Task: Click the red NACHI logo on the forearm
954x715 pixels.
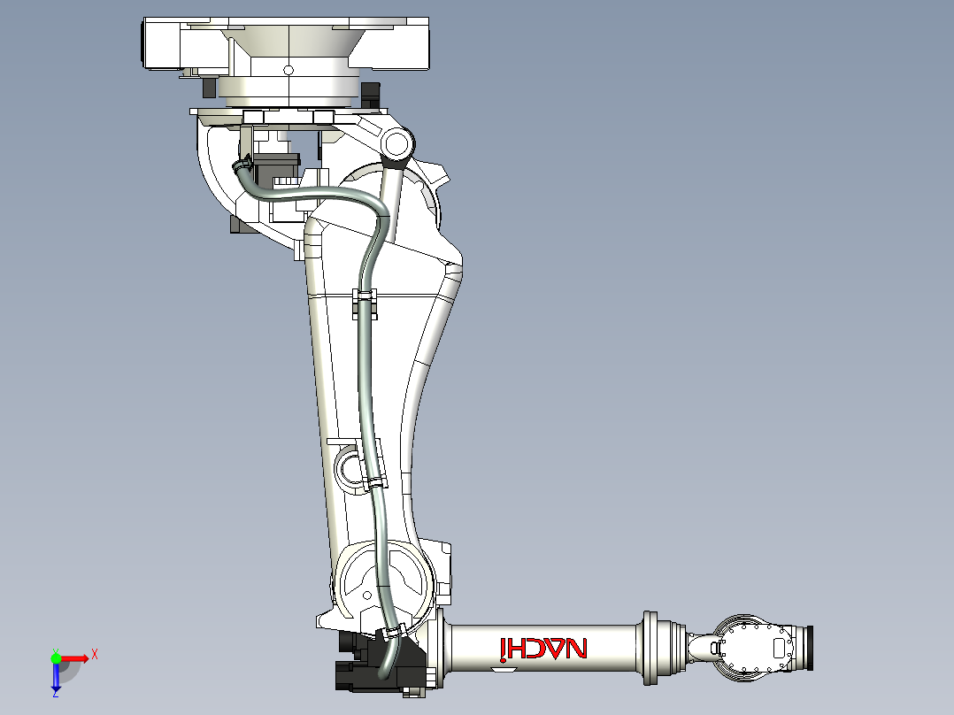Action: [543, 649]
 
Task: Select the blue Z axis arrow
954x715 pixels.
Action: [56, 676]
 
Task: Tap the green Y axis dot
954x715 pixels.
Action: [56, 657]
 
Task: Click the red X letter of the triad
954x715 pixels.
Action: [94, 654]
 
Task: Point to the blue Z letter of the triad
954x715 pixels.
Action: [55, 695]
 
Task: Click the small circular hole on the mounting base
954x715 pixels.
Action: [287, 70]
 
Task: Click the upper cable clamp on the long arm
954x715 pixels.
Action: [365, 297]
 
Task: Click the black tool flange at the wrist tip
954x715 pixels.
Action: [807, 648]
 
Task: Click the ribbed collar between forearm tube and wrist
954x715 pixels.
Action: [652, 648]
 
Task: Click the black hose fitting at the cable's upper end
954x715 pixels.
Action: [240, 165]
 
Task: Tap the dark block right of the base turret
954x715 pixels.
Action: [370, 92]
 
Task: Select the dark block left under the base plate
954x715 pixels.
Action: [209, 87]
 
